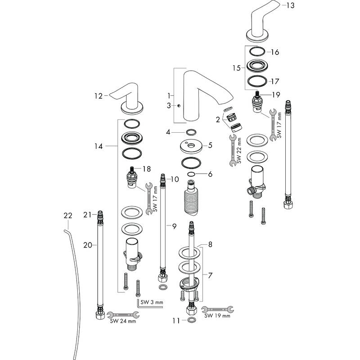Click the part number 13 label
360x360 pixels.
click(x=290, y=5)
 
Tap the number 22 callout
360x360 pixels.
click(x=68, y=216)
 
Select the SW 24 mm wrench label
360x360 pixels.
click(x=123, y=321)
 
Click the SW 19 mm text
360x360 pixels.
click(x=217, y=316)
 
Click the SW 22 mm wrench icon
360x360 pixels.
click(x=233, y=150)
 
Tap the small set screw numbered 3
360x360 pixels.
click(x=179, y=106)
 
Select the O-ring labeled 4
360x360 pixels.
click(x=191, y=132)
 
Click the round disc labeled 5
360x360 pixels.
click(x=191, y=147)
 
